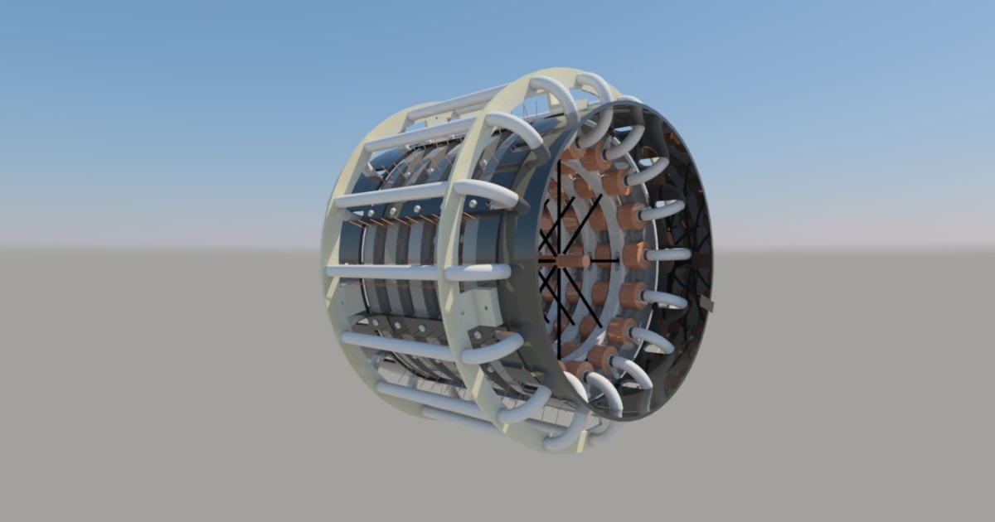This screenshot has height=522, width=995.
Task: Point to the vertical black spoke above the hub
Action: tap(559, 207)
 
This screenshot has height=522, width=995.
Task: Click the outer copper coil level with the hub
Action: tap(635, 254)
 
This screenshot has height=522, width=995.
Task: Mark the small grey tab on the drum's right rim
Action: tap(707, 306)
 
